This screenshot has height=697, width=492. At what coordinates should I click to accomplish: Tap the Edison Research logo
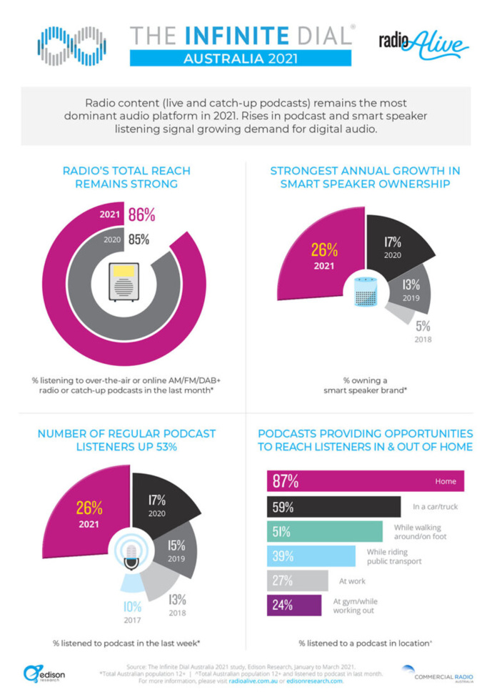pyautogui.click(x=44, y=674)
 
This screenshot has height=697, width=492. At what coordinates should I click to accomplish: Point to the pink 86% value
pyautogui.click(x=141, y=214)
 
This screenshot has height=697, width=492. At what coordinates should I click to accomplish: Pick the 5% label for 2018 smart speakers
pyautogui.click(x=423, y=326)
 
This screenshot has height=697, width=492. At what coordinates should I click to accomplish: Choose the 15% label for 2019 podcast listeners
pyautogui.click(x=176, y=547)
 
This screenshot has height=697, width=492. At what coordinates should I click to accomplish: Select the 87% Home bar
pyautogui.click(x=365, y=481)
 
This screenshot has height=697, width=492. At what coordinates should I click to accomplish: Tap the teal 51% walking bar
pyautogui.click(x=325, y=531)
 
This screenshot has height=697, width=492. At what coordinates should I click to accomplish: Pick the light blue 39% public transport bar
pyautogui.click(x=311, y=556)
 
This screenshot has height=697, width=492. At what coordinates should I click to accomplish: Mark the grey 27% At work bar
pyautogui.click(x=297, y=580)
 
